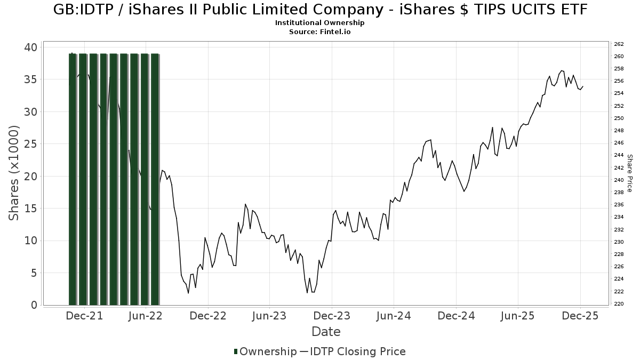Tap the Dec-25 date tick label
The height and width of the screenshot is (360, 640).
[580, 316]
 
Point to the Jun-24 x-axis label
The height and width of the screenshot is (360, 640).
[394, 316]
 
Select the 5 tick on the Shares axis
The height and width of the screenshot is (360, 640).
[34, 273]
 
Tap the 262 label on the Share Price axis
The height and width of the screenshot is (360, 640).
[619, 44]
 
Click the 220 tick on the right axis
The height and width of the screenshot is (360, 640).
[619, 304]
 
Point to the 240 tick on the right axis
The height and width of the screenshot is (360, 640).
[619, 180]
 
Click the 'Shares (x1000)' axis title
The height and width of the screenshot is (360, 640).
[14, 173]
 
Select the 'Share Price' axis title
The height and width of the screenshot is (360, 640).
[629, 173]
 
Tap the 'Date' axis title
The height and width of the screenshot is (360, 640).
[326, 332]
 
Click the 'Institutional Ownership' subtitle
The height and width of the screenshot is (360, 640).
[319, 23]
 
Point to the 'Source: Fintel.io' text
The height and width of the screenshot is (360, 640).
[319, 32]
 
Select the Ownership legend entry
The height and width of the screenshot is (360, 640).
[265, 351]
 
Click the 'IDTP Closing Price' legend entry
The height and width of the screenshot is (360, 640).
[357, 351]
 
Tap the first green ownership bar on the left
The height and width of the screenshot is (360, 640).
[73, 179]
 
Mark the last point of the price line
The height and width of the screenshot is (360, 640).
[583, 86]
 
